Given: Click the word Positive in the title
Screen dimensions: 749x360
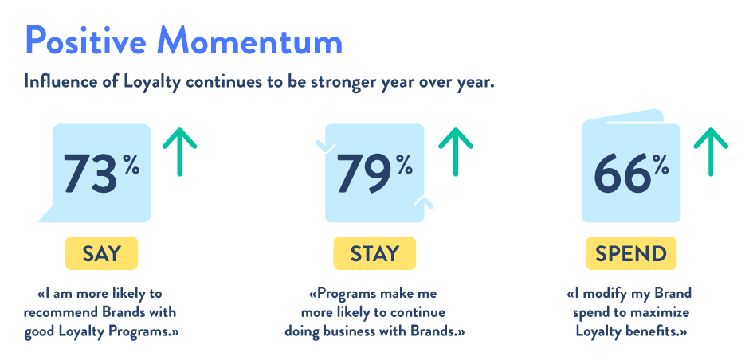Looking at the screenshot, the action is [x=86, y=41].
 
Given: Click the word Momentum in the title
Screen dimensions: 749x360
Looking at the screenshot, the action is [x=250, y=41].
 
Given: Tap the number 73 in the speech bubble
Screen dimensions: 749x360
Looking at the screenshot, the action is [x=90, y=173].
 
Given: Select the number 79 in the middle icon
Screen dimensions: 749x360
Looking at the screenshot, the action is [x=364, y=173].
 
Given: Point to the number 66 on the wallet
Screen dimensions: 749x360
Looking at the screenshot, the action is [x=622, y=173].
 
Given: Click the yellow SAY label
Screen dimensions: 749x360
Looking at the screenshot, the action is [x=101, y=253].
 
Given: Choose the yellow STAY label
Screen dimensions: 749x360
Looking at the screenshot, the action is [x=374, y=253].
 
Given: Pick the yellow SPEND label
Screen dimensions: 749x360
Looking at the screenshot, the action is [x=631, y=253].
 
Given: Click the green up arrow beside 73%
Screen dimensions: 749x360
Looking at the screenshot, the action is [x=179, y=152].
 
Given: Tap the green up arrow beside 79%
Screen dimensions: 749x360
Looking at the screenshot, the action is [x=456, y=152].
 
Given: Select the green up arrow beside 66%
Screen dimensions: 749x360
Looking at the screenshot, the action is [x=711, y=152].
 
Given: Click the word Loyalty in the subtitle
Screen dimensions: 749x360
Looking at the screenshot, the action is [x=152, y=82].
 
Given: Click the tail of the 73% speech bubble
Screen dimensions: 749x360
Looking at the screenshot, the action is [x=47, y=215].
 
